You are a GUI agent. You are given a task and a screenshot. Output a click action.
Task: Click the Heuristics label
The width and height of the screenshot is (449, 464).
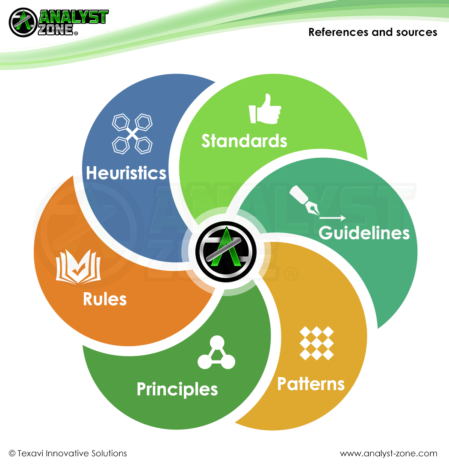tap(126, 173)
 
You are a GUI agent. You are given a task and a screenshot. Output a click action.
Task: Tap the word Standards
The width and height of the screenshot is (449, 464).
tap(244, 141)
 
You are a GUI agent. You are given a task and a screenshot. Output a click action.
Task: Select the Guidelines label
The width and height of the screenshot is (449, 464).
tap(364, 233)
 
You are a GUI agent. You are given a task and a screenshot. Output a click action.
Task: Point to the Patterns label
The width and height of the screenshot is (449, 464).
tap(311, 384)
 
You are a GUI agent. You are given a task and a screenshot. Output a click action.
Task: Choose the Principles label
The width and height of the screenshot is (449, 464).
tap(177, 390)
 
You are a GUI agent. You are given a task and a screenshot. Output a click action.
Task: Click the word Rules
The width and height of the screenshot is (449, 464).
tap(105, 299)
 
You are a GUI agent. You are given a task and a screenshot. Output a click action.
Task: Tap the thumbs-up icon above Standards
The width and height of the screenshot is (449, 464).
tap(265, 109)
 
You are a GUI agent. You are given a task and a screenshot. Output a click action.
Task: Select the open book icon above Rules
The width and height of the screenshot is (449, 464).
tap(78, 267)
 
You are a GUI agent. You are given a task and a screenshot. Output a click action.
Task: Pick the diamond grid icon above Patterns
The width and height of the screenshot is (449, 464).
tap(316, 343)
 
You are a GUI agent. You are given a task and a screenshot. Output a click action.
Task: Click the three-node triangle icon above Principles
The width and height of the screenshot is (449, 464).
tap(216, 354)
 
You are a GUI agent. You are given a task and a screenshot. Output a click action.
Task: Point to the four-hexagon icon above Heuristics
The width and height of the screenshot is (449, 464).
tap(132, 134)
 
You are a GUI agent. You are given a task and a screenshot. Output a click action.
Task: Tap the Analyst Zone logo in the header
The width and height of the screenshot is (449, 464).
tap(59, 22)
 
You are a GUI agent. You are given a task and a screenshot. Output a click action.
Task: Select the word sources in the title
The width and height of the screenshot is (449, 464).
tap(419, 32)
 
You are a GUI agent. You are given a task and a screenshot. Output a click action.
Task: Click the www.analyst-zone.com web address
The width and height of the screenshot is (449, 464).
tap(388, 453)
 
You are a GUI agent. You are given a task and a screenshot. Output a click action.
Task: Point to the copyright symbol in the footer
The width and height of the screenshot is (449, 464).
tap(12, 453)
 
